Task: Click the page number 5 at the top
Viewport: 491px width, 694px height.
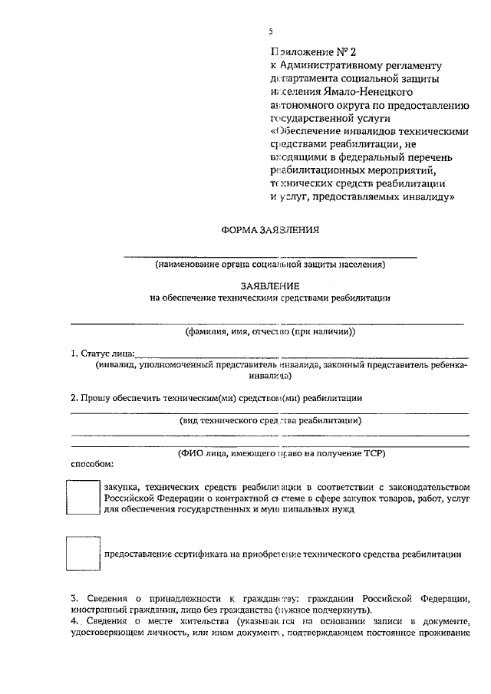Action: pos(270,31)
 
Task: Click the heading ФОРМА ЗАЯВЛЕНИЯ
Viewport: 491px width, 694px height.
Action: pos(269,229)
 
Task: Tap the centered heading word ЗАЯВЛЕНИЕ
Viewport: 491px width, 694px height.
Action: pos(269,285)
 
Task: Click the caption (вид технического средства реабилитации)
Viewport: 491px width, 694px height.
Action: pos(270,420)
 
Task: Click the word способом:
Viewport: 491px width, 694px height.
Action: pos(93,464)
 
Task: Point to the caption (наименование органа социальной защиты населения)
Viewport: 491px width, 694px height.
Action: pos(269,265)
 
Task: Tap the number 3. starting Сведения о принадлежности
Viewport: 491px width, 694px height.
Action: pos(74,597)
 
